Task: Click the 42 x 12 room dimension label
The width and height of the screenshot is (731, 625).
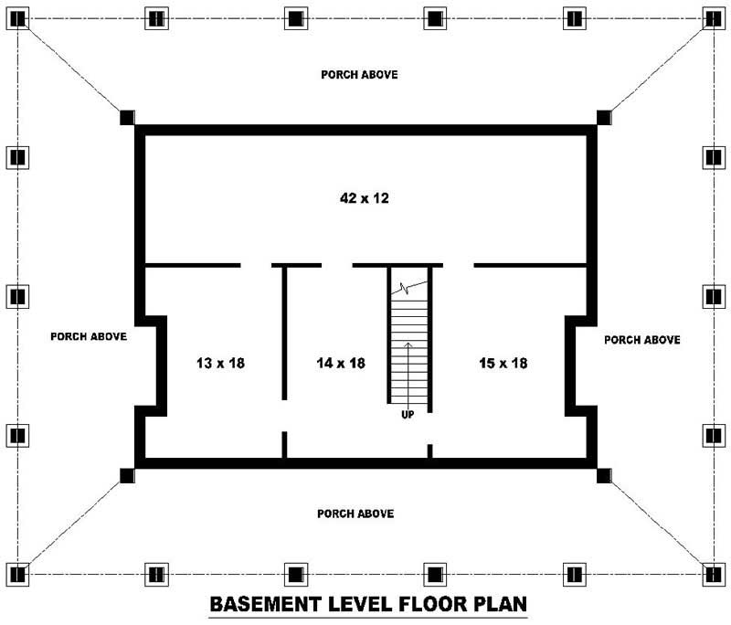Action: (x=365, y=198)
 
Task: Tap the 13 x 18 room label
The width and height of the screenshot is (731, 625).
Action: (x=220, y=363)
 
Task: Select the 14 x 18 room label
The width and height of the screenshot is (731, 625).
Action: (x=341, y=363)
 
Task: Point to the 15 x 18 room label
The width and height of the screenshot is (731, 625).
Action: (x=503, y=363)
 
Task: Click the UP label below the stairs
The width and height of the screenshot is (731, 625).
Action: (x=408, y=414)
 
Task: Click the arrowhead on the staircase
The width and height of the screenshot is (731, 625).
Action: (x=408, y=345)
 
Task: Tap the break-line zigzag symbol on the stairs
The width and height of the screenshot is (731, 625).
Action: (x=405, y=289)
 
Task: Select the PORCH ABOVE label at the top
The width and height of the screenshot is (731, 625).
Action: (x=359, y=75)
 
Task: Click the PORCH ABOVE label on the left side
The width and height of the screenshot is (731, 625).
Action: (x=89, y=336)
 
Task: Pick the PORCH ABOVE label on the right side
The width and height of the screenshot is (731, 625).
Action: (x=642, y=340)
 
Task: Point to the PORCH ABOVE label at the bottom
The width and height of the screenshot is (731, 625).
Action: (x=355, y=514)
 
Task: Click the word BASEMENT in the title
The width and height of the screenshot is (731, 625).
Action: (x=265, y=604)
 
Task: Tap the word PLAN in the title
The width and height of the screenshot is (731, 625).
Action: (x=500, y=604)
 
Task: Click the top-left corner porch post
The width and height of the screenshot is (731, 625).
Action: (x=17, y=18)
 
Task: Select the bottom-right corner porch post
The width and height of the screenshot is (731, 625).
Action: (x=714, y=574)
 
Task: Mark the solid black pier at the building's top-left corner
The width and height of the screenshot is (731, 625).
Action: (x=127, y=118)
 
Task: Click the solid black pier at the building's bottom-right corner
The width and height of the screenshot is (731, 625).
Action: (x=604, y=476)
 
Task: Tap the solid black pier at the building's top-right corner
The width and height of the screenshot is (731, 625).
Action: (x=604, y=118)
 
